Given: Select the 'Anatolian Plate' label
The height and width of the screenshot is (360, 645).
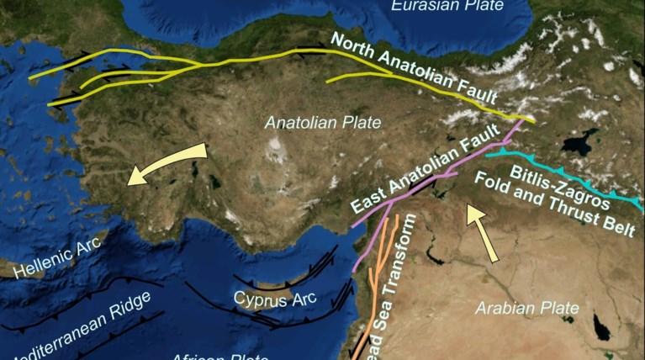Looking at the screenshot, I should pyautogui.click(x=323, y=123).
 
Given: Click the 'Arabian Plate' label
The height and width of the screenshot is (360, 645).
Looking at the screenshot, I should pyautogui.click(x=526, y=309).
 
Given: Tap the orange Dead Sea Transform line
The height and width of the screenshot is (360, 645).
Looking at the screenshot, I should pyautogui.click(x=378, y=278).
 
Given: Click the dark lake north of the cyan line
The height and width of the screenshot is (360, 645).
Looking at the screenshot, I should pyautogui.click(x=580, y=143).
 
